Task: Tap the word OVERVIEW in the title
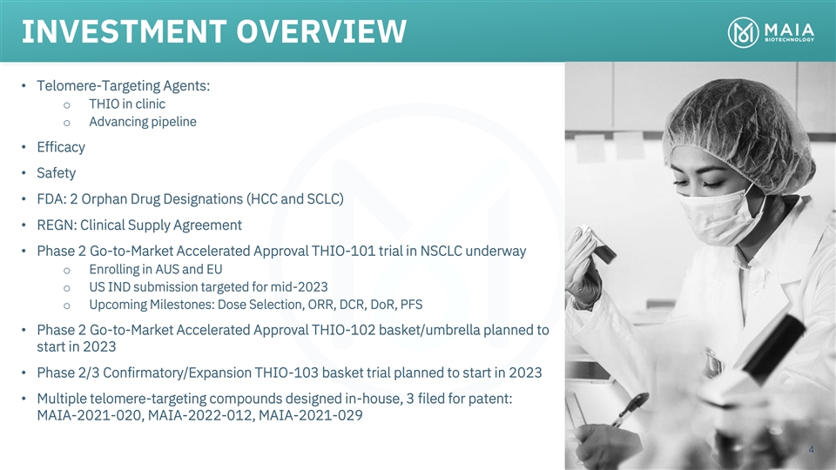(321, 31)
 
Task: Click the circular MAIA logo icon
(743, 32)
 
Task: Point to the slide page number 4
(811, 449)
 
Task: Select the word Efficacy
(61, 147)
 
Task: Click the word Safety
(56, 172)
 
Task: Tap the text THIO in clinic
(127, 104)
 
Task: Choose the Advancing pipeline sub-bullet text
(142, 122)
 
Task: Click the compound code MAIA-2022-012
(200, 415)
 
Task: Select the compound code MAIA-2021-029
(310, 415)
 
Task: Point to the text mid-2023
(305, 287)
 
